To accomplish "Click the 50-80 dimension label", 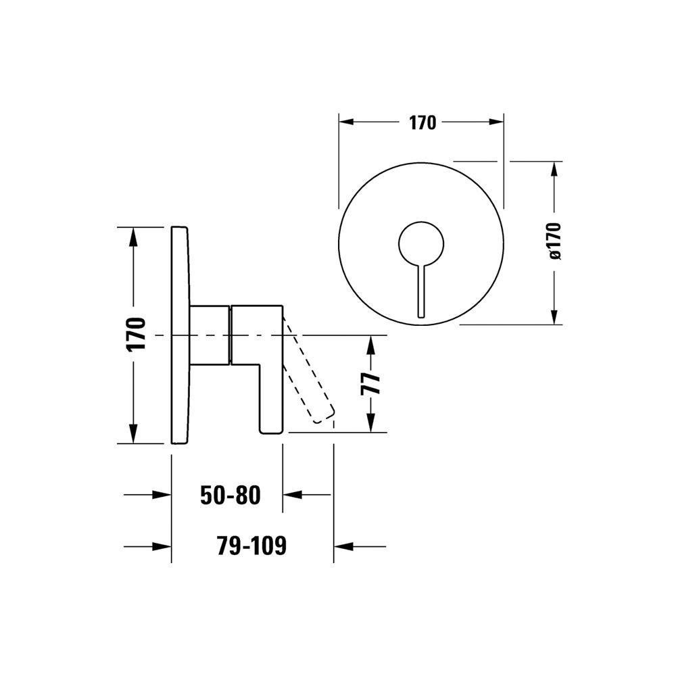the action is pyautogui.click(x=231, y=495).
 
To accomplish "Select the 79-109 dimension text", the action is pyautogui.click(x=251, y=546).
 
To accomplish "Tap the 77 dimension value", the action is pyautogui.click(x=370, y=383).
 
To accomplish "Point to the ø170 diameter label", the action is pyautogui.click(x=555, y=241).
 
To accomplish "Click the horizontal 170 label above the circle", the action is pyautogui.click(x=422, y=123).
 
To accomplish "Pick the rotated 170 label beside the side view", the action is pyautogui.click(x=137, y=335).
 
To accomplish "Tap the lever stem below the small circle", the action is pyautogui.click(x=421, y=290).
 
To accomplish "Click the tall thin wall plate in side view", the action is pyautogui.click(x=180, y=335).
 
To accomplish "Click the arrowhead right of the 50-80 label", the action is pyautogui.click(x=292, y=495).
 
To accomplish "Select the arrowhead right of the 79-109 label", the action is pyautogui.click(x=343, y=547).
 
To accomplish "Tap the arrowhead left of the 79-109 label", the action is pyautogui.click(x=162, y=547).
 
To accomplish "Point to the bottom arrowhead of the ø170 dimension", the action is pyautogui.click(x=555, y=315).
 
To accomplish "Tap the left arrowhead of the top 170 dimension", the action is pyautogui.click(x=348, y=122).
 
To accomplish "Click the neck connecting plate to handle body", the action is pyautogui.click(x=210, y=335).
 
